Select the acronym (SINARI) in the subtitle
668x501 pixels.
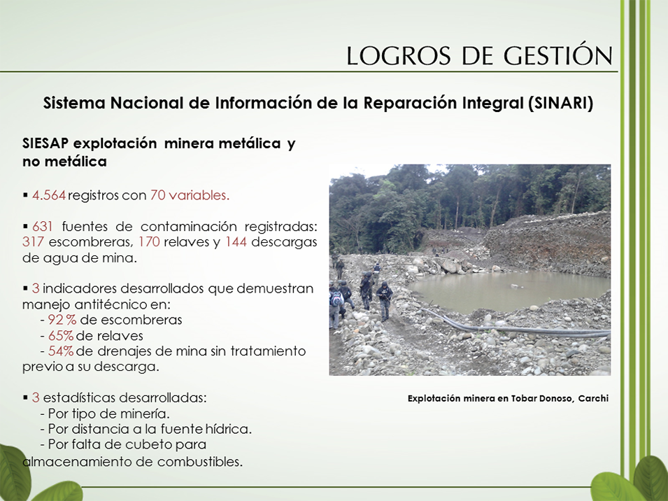tap(560, 104)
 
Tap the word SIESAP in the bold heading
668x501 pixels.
tap(45, 143)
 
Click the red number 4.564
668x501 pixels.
tap(49, 195)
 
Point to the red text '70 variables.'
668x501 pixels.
tap(190, 195)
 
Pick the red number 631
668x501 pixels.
tap(42, 226)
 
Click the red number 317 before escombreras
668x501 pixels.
tap(33, 242)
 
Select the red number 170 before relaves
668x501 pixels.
tap(149, 242)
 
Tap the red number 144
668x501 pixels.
tap(236, 242)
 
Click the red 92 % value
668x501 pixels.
tap(62, 320)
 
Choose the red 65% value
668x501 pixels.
tap(61, 336)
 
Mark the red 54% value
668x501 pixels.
tap(61, 351)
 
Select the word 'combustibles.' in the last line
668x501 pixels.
tap(200, 461)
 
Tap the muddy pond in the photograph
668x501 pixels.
tap(507, 290)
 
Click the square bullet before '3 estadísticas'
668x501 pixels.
tap(26, 397)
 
